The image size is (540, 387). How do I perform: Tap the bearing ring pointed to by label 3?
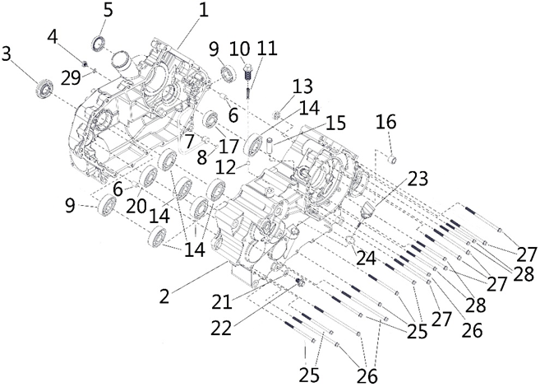click(43, 86)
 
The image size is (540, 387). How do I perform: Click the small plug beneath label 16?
click(392, 158)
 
